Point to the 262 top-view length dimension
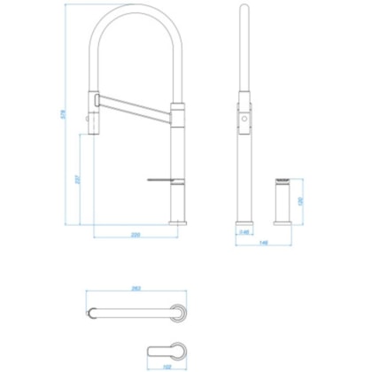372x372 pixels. (x=137, y=288)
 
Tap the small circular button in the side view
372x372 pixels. (x=244, y=116)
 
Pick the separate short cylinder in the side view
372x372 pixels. (x=283, y=202)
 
